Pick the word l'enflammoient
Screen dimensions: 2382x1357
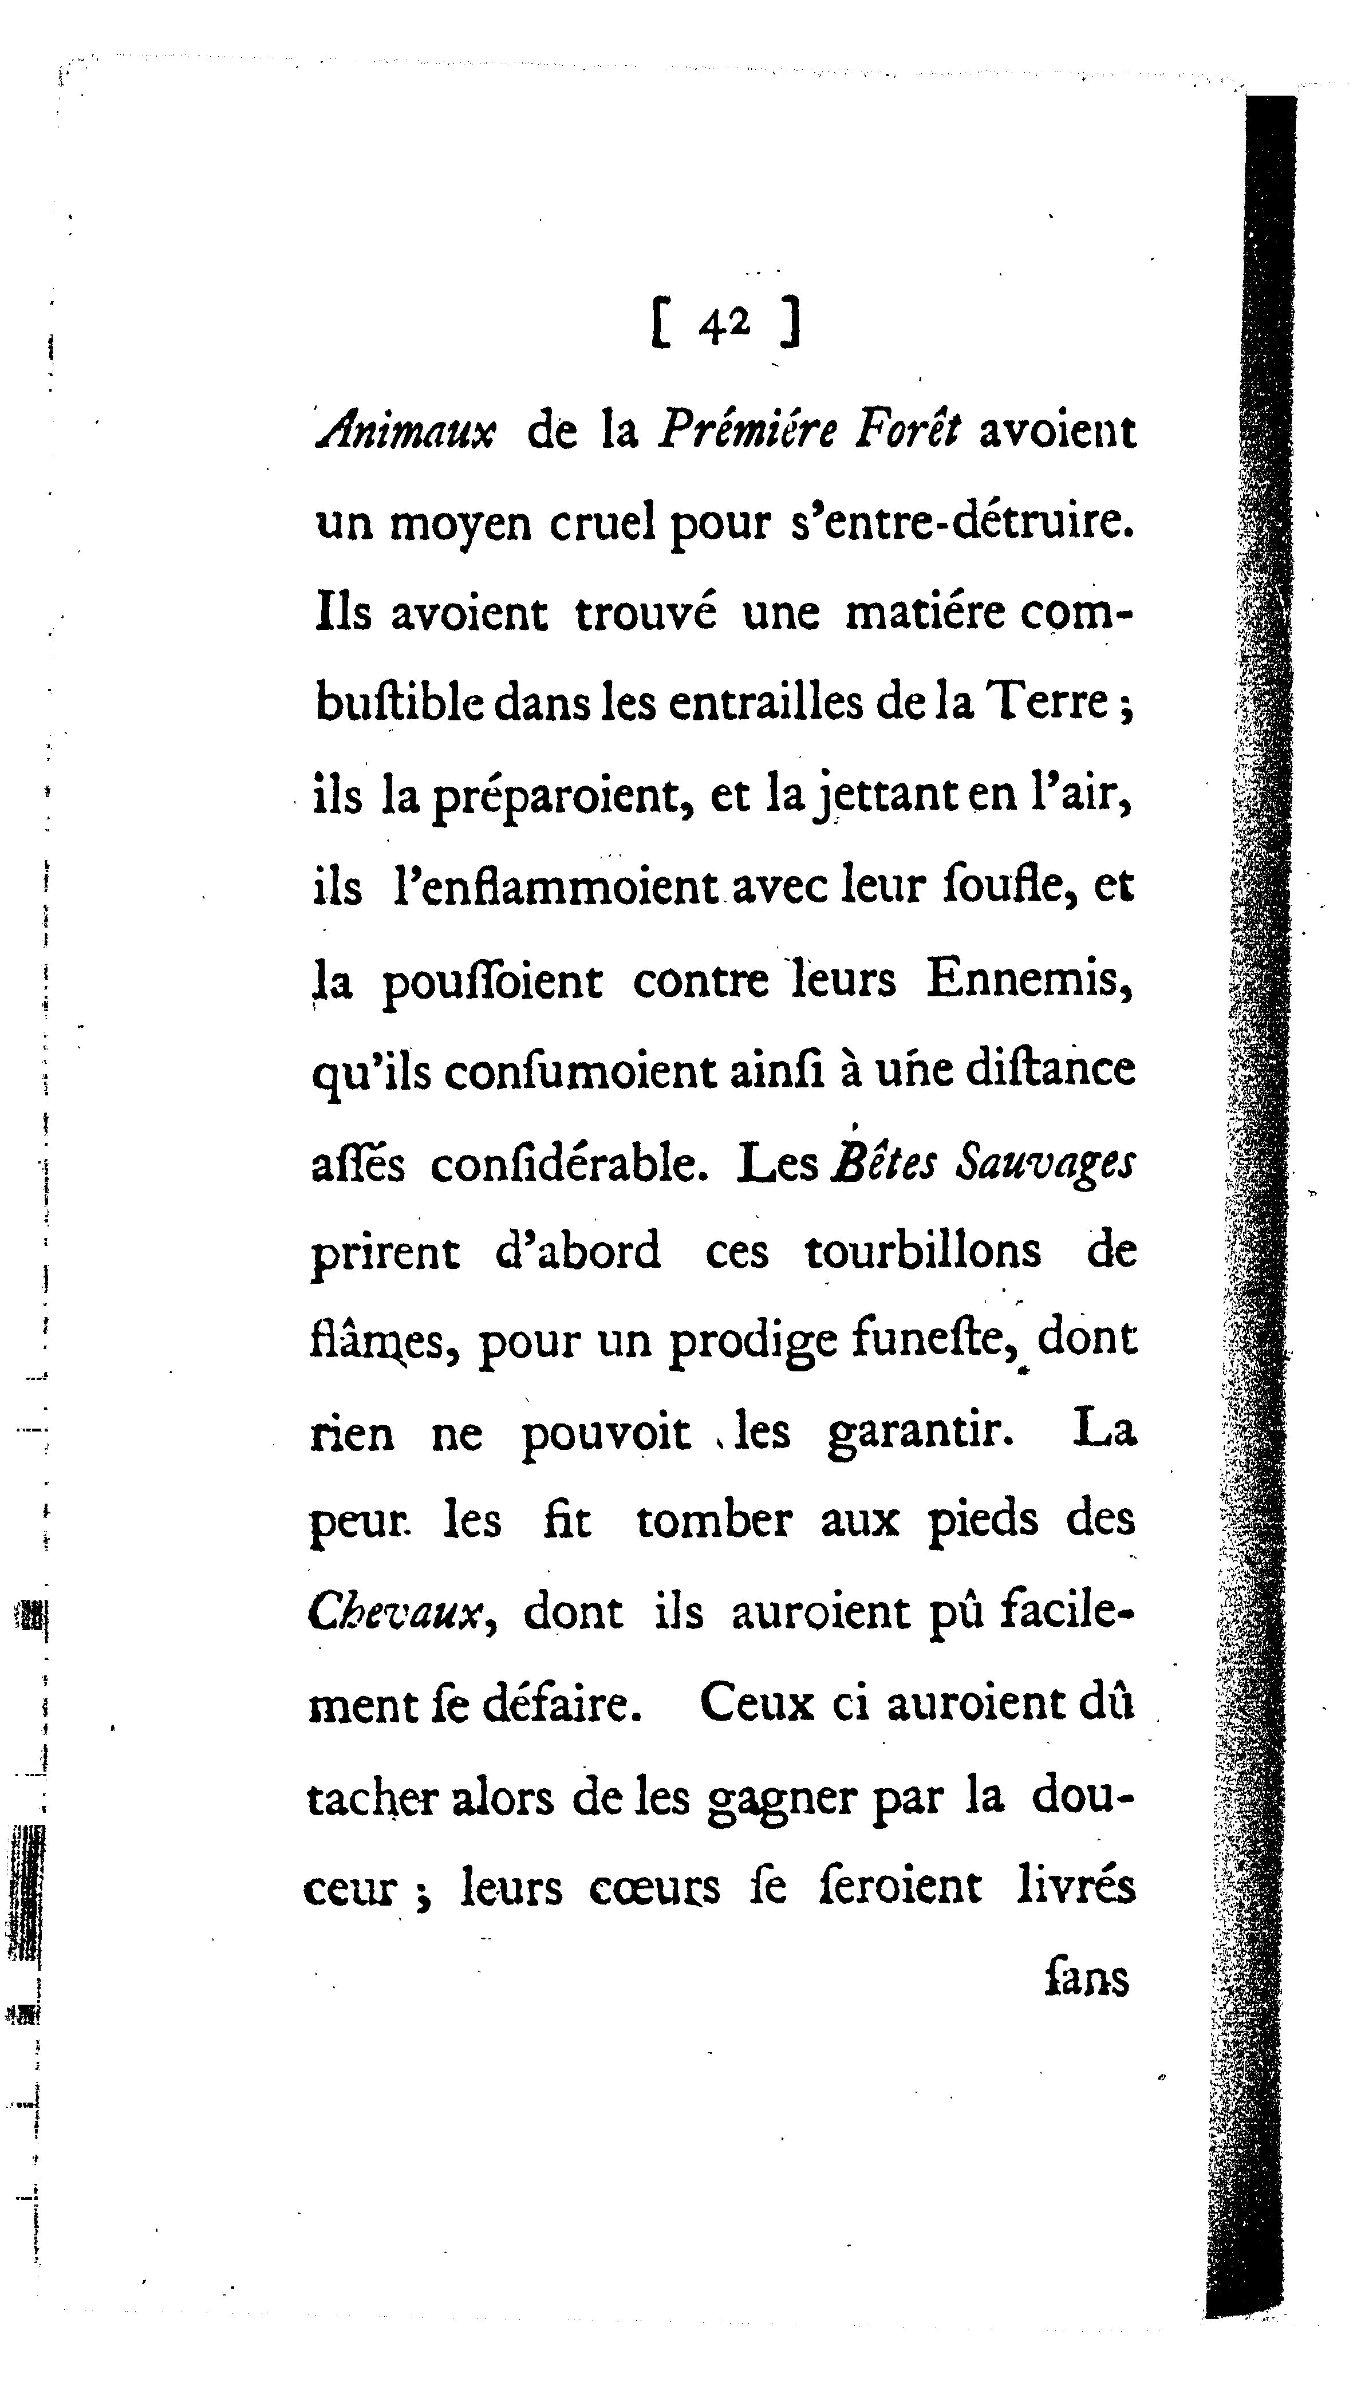(554, 886)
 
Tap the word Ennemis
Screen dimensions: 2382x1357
(1028, 979)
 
